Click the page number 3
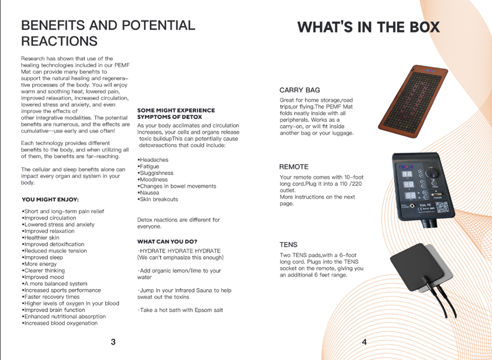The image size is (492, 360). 113,342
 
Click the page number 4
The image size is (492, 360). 365,342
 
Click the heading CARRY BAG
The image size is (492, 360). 300,90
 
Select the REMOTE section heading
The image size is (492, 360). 294,167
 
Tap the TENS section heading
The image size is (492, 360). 288,244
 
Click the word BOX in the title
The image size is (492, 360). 424,27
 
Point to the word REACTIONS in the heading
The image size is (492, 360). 60,41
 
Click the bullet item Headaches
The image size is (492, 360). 153,160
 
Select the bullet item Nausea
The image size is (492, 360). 148,192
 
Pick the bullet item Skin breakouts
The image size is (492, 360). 158,199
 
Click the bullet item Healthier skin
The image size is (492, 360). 41,238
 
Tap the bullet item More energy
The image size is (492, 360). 39,264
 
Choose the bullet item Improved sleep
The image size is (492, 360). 42,257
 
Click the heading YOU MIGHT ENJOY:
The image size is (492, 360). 50,199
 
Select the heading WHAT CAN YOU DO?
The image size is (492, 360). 167,241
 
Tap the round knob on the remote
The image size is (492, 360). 432,173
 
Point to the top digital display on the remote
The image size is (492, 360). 407,174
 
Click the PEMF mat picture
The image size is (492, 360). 413,102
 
